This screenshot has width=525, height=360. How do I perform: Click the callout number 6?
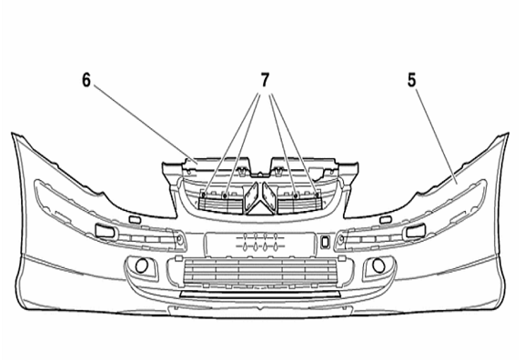coord(86,80)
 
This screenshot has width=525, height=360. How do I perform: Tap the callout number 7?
coord(265,80)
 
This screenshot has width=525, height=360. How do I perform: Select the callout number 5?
coord(411,80)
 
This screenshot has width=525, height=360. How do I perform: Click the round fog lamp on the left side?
coord(141,265)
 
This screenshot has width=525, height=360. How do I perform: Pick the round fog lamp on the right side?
coord(379,265)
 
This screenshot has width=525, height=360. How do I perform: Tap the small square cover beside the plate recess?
coord(324,242)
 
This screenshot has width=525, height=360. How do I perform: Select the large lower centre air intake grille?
coord(260,273)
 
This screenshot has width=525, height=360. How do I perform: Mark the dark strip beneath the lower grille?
coord(260,295)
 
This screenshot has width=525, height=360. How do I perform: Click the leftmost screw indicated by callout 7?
coord(204,194)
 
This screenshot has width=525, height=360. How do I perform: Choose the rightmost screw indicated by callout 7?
coord(316,194)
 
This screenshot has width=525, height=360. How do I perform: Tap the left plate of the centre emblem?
coord(251,197)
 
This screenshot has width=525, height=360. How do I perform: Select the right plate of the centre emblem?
coord(269,197)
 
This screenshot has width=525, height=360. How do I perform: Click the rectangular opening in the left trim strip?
coord(106,232)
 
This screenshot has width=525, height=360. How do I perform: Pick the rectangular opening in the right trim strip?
coord(416,231)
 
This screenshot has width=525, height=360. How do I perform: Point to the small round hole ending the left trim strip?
coord(179,239)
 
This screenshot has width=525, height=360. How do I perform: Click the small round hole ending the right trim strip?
coord(341,239)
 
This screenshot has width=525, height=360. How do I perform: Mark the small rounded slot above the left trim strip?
coord(135,219)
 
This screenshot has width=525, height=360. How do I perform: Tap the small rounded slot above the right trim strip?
coord(386,219)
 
